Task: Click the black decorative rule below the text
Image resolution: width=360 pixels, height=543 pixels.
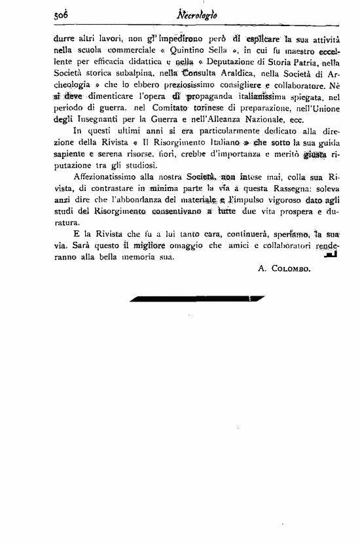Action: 197,299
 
